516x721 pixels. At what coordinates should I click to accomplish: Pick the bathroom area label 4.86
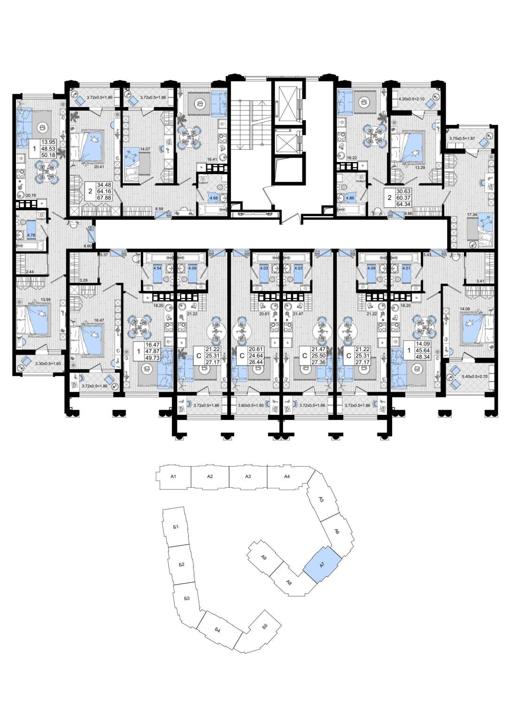[350, 198]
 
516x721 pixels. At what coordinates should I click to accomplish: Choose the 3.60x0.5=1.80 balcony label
[251, 406]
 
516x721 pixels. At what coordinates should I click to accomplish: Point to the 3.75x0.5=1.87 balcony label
[462, 139]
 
